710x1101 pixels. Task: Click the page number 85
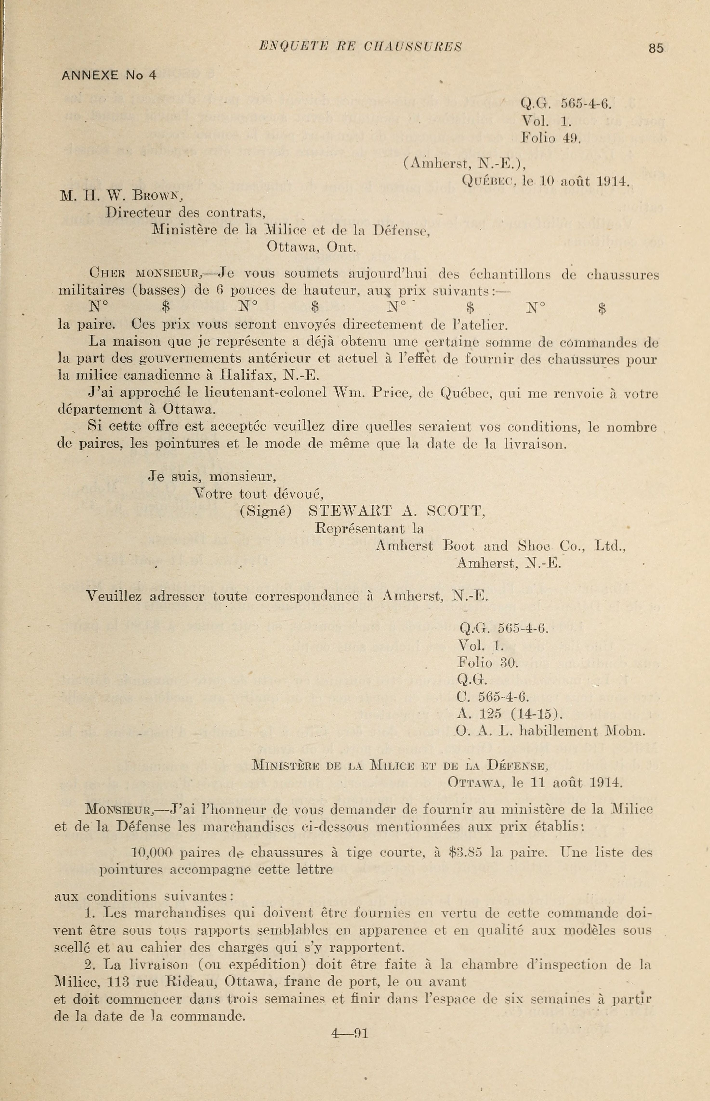[656, 48]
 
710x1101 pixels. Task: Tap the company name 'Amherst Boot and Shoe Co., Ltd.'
[500, 546]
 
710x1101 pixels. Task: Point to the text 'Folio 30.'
[488, 663]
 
